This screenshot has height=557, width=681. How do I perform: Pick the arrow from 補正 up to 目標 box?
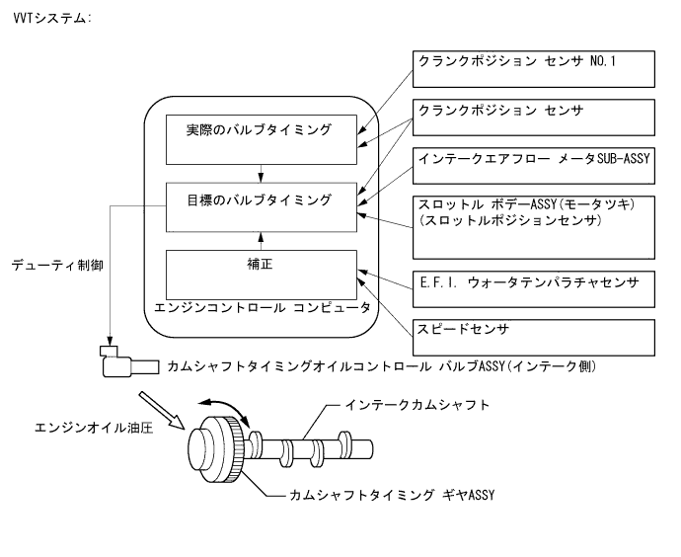tap(260, 237)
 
